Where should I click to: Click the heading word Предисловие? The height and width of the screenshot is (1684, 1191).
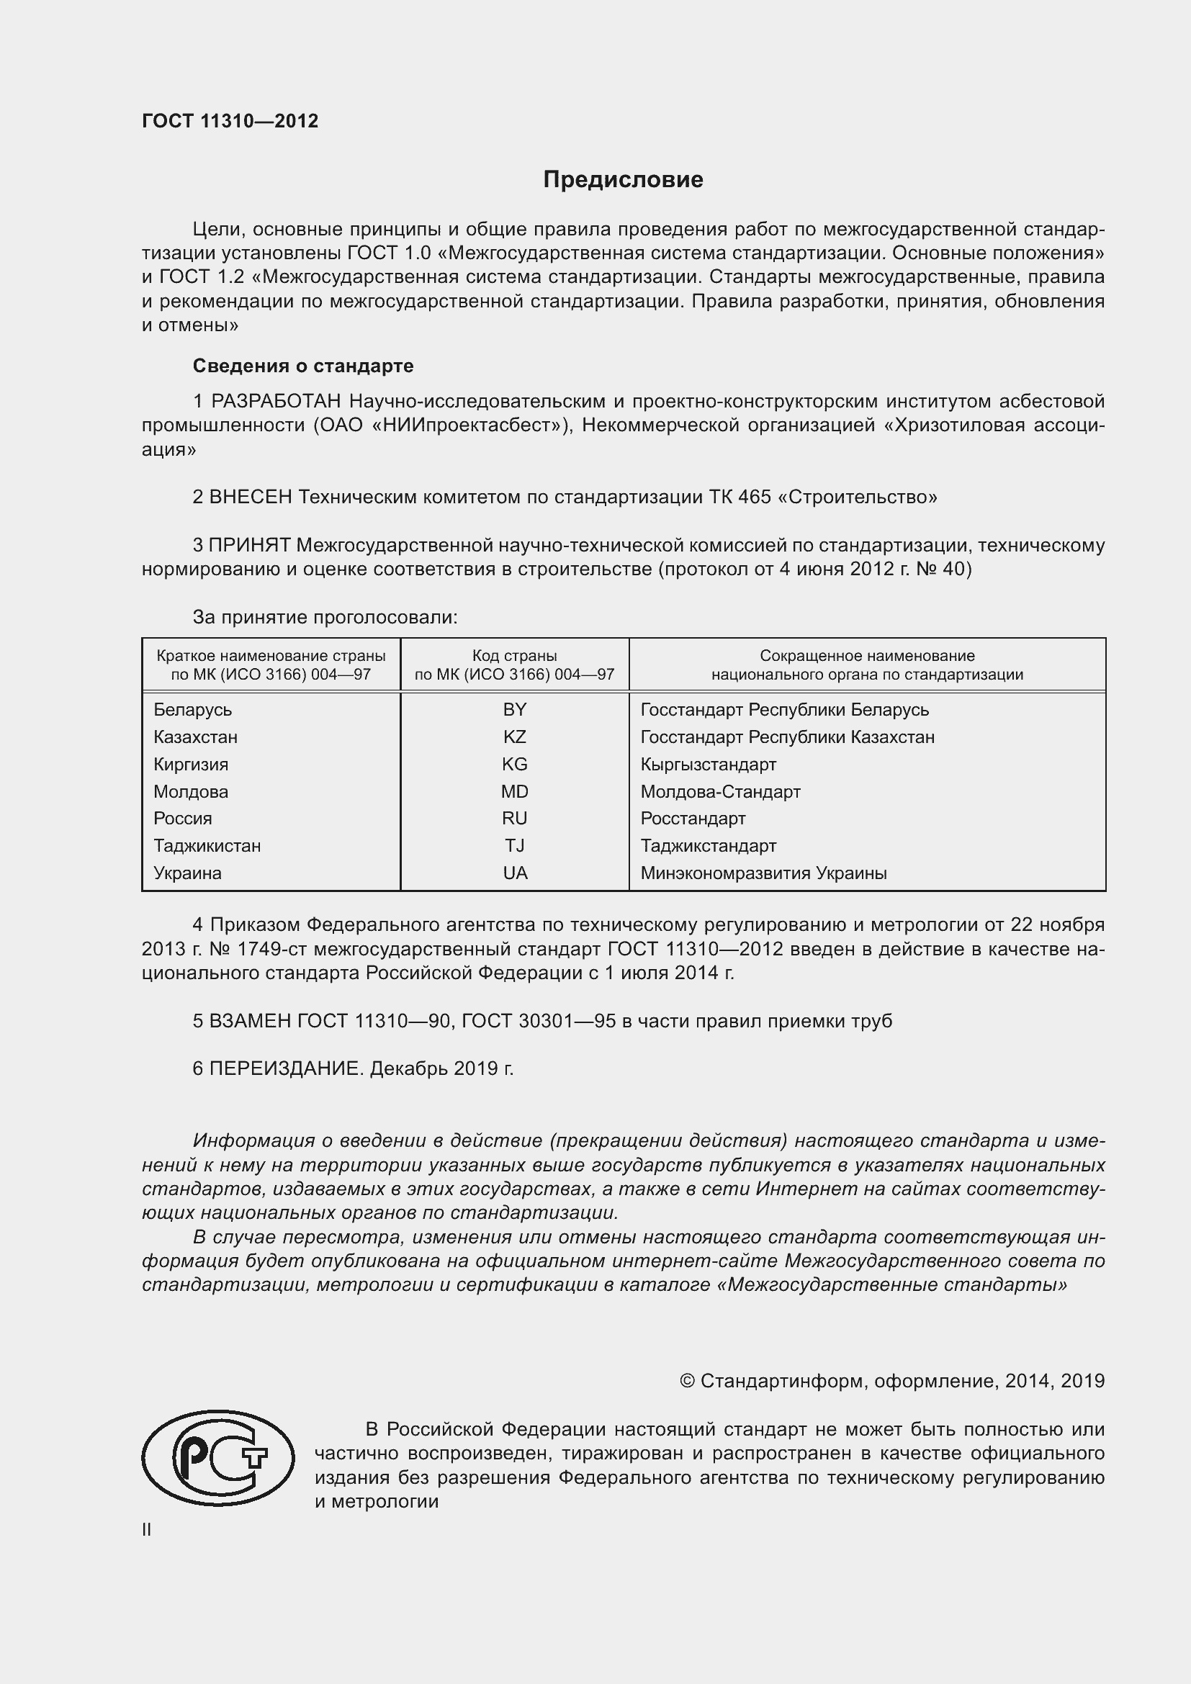[x=623, y=180]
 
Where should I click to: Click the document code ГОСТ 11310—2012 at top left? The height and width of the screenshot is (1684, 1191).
[x=230, y=121]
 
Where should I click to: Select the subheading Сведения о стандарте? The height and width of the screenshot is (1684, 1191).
[x=303, y=365]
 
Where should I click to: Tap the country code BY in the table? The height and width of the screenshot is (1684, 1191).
[x=514, y=709]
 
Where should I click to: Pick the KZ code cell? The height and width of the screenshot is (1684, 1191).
[x=514, y=737]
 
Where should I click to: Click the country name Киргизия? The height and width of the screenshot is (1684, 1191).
[x=191, y=765]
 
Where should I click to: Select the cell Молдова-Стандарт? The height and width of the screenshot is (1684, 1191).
[x=720, y=791]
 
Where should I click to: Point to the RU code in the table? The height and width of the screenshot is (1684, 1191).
[x=514, y=818]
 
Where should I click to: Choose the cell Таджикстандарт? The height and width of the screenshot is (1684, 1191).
[x=708, y=846]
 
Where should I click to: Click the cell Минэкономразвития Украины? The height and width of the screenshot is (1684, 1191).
[x=763, y=873]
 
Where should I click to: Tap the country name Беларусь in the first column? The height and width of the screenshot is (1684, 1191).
[x=192, y=709]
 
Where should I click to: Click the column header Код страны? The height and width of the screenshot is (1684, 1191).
[x=514, y=656]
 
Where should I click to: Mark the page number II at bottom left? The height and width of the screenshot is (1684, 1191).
[x=147, y=1529]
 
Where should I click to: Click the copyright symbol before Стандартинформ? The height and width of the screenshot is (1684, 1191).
[x=686, y=1381]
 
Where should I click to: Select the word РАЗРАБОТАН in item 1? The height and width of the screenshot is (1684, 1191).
[x=276, y=401]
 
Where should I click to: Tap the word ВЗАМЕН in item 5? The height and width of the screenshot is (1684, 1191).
[x=250, y=1020]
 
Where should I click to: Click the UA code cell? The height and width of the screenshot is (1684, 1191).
[x=514, y=873]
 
